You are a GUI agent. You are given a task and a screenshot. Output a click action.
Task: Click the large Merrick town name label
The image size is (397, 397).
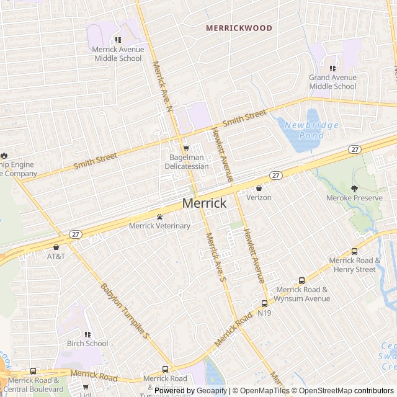pos(204,203)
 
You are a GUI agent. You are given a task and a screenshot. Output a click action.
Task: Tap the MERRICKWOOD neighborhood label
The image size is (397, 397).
pos(239,28)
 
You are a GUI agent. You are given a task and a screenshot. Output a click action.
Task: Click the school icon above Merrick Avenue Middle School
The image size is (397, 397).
pos(118,40)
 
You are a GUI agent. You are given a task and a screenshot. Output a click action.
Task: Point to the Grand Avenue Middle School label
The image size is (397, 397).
pos(332,82)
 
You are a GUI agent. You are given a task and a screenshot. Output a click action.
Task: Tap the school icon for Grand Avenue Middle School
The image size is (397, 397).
pos(332,68)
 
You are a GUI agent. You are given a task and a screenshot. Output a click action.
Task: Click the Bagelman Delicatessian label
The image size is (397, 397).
pos(185,162)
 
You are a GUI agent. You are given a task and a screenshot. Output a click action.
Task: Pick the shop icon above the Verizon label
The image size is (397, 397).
pos(259,188)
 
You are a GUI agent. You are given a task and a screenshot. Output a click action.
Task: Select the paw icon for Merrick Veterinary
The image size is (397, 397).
pos(159,217)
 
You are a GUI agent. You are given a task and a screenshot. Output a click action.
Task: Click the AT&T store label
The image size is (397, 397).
pos(56,256)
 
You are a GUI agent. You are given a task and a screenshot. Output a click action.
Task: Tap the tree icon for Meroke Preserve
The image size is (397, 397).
pos(354,189)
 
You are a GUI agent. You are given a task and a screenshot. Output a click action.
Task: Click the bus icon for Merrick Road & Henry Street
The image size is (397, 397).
pos(354,251)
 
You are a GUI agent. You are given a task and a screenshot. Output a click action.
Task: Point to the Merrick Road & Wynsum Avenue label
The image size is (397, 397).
pos(303,294)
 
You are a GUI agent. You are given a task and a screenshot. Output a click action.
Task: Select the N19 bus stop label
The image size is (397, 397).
pos(264,313)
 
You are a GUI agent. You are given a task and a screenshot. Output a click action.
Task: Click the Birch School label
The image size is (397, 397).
pos(87,343)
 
